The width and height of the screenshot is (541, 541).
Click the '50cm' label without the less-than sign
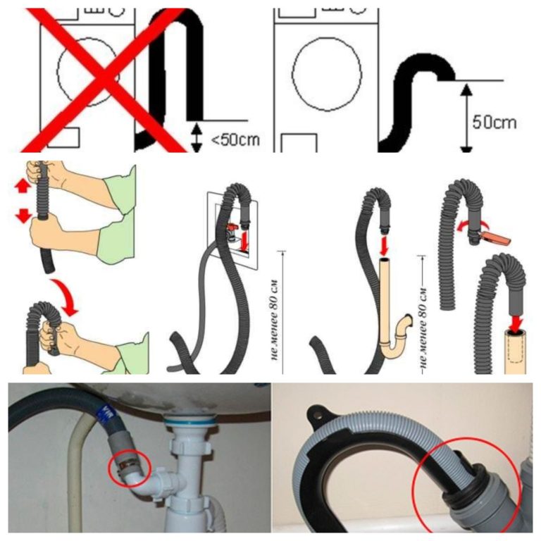tap(494, 122)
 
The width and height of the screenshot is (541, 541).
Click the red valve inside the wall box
tap(232, 228)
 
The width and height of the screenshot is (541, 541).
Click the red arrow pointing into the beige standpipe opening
tap(385, 245)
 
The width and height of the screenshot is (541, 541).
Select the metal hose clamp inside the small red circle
tap(128, 466)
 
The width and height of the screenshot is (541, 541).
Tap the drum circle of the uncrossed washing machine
tap(327, 75)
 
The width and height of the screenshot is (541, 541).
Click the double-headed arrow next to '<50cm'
tap(197, 137)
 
